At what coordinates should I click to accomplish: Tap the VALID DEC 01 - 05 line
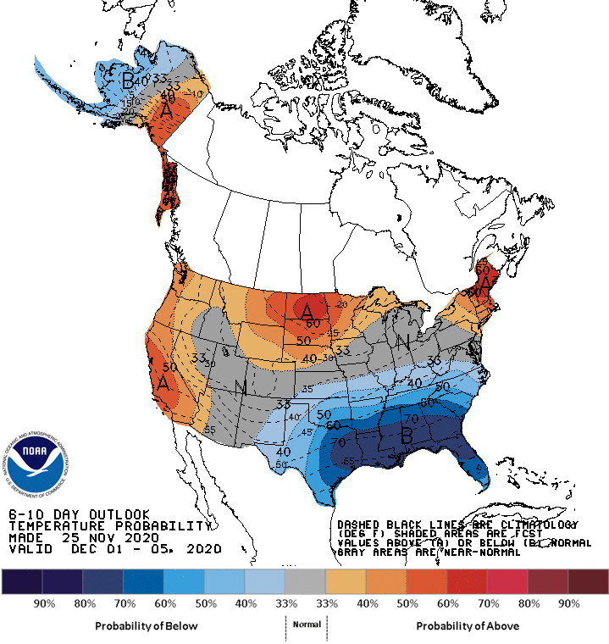point(114,549)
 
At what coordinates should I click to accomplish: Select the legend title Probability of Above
point(468,625)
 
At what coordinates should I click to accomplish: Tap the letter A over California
point(163,382)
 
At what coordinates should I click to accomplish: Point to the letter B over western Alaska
point(127,81)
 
